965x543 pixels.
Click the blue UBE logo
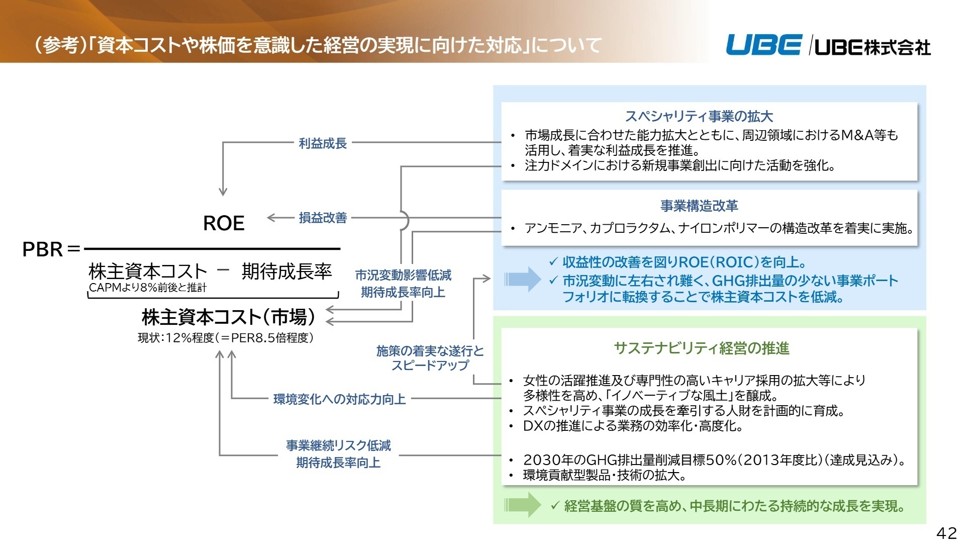coord(763,45)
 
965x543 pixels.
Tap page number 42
coord(946,533)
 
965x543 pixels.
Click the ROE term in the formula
coord(224,223)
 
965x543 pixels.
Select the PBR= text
coord(51,249)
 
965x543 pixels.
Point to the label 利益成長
coord(323,143)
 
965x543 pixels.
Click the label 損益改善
coord(323,218)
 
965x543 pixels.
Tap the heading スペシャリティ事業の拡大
coord(699,117)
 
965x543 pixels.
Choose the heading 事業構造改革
coord(699,206)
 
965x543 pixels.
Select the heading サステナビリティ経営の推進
coord(701,348)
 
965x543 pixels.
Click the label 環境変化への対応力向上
coord(339,399)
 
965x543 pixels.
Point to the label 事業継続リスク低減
coord(338,445)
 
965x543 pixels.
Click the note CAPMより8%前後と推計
coord(148,288)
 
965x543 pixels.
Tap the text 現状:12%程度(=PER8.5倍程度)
coord(226,338)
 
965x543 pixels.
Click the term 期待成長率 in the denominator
coord(286,271)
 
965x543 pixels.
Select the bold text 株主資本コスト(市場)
coord(229,317)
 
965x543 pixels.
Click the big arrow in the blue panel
coord(523,279)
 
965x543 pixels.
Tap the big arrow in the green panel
coord(523,505)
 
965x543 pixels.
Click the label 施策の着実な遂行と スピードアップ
coord(430,358)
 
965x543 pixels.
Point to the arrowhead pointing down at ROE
coord(223,192)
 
